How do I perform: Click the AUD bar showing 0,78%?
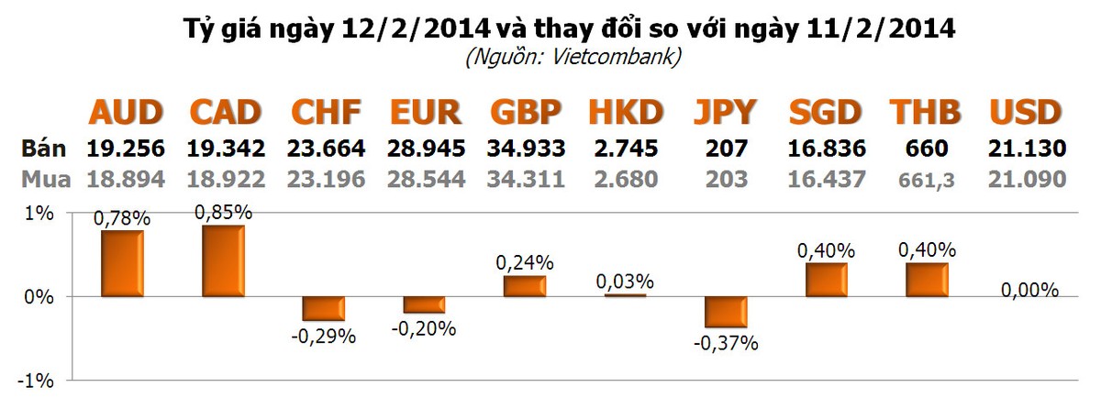pyautogui.click(x=121, y=263)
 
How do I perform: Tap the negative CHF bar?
pyautogui.click(x=324, y=308)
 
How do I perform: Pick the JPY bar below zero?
pyautogui.click(x=726, y=312)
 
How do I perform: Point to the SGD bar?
pyautogui.click(x=826, y=280)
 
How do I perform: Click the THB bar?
pyautogui.click(x=926, y=280)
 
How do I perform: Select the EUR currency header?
pyautogui.click(x=425, y=113)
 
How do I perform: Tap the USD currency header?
pyautogui.click(x=1026, y=113)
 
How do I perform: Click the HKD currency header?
pyautogui.click(x=626, y=113)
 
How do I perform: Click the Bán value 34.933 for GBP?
pyautogui.click(x=526, y=148)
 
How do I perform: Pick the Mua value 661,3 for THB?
pyautogui.click(x=926, y=181)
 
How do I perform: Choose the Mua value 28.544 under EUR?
pyautogui.click(x=426, y=180)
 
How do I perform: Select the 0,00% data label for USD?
pyautogui.click(x=1029, y=290)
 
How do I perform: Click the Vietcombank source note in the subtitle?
pyautogui.click(x=573, y=57)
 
